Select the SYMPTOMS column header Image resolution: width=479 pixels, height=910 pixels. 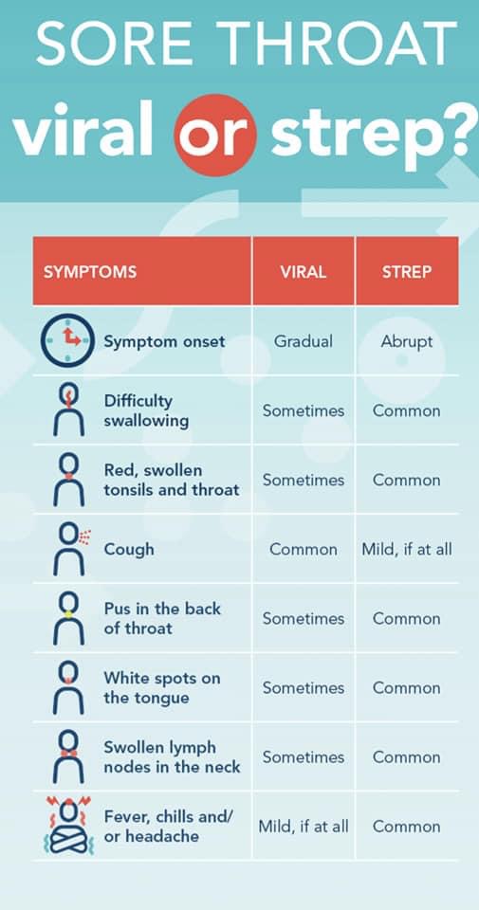pyautogui.click(x=90, y=271)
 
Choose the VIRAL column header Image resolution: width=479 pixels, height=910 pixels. pyautogui.click(x=303, y=271)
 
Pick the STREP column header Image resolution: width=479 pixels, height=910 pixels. pyautogui.click(x=407, y=271)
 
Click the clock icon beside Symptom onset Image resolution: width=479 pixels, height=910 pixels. pyautogui.click(x=66, y=341)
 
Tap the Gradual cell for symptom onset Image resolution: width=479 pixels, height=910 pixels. pyautogui.click(x=303, y=341)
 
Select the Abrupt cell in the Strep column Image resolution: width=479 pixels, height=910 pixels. pyautogui.click(x=407, y=341)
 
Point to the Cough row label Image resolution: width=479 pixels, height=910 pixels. pyautogui.click(x=129, y=549)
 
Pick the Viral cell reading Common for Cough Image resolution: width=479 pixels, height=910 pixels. pyautogui.click(x=303, y=549)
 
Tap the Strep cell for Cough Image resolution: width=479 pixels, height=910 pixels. pyautogui.click(x=407, y=549)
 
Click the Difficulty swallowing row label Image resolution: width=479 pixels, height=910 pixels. pyautogui.click(x=146, y=410)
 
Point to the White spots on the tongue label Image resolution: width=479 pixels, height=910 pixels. pyautogui.click(x=161, y=687)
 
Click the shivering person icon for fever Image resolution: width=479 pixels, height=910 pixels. pyautogui.click(x=66, y=826)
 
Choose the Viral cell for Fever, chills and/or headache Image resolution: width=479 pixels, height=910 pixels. pyautogui.click(x=303, y=827)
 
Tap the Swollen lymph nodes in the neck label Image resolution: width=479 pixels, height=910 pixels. pyautogui.click(x=172, y=756)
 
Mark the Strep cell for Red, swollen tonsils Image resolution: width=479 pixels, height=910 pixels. pyautogui.click(x=407, y=480)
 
